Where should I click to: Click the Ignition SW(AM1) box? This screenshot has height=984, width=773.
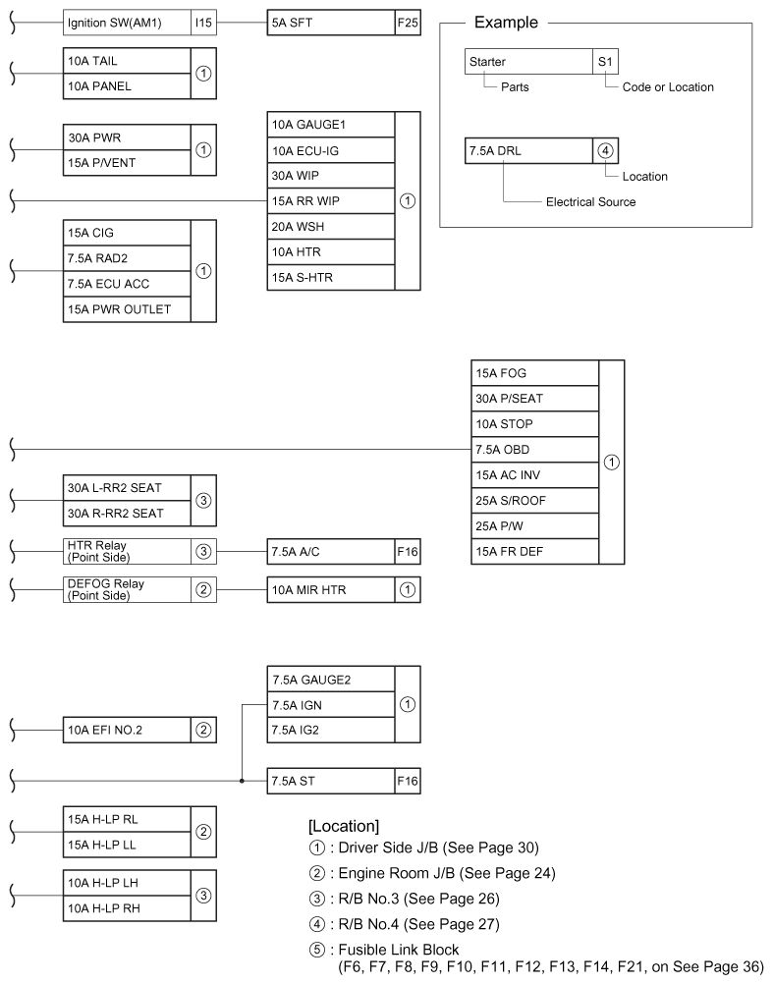click(x=126, y=22)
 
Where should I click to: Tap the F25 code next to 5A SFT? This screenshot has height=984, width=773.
click(x=408, y=22)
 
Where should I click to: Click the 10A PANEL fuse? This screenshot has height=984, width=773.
click(x=126, y=86)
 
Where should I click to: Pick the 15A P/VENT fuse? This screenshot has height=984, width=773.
click(x=126, y=163)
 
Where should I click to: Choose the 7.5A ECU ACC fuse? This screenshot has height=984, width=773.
click(x=126, y=285)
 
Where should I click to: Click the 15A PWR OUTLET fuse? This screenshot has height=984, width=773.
click(x=126, y=310)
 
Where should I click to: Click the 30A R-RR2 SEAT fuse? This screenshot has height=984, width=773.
click(x=126, y=514)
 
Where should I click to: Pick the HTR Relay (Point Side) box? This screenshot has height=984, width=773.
click(x=126, y=552)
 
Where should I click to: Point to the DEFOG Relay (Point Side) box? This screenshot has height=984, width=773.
click(x=126, y=590)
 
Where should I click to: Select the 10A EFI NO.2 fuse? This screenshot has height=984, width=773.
click(x=126, y=730)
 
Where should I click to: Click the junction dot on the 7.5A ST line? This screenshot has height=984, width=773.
click(x=242, y=782)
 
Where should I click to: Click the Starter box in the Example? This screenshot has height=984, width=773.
click(x=528, y=62)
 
